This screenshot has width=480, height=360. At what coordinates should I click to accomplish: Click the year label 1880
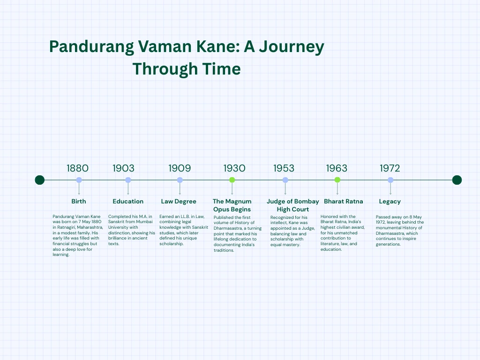tap(77, 168)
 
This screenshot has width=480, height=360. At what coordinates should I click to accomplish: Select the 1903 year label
tap(123, 168)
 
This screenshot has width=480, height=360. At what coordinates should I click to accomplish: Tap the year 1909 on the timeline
tap(180, 168)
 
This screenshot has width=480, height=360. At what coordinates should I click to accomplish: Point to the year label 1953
tap(284, 168)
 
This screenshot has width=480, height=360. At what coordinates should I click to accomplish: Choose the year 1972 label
tap(390, 168)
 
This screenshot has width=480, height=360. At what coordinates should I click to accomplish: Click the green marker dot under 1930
tap(232, 180)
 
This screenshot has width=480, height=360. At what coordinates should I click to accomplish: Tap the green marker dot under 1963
tap(337, 180)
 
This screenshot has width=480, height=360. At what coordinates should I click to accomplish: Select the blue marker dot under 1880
tap(79, 180)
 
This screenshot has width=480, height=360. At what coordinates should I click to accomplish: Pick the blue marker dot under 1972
tap(390, 180)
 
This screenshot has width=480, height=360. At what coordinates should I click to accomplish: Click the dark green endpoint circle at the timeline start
tap(40, 180)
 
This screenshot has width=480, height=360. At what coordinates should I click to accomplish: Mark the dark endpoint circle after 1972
tap(457, 180)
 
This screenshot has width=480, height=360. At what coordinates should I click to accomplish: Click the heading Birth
tap(79, 202)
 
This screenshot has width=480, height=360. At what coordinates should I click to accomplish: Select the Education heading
tap(128, 202)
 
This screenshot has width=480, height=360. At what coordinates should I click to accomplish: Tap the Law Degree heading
tap(179, 202)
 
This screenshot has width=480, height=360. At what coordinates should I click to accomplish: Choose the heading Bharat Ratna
tap(344, 202)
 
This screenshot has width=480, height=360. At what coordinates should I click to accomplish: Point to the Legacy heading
tap(390, 202)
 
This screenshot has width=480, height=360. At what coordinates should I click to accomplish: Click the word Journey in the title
tap(292, 47)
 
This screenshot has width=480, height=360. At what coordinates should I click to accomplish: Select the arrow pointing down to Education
tap(128, 188)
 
